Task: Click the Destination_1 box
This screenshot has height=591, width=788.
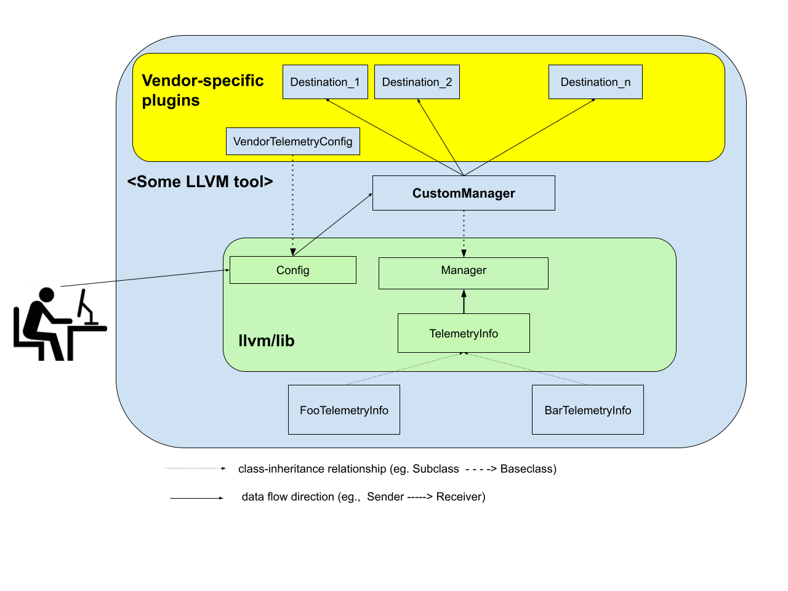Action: pyautogui.click(x=325, y=82)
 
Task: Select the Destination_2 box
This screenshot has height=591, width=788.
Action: pyautogui.click(x=417, y=82)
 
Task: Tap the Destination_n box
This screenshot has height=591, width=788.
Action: pyautogui.click(x=595, y=82)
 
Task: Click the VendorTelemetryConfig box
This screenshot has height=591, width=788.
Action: pyautogui.click(x=293, y=142)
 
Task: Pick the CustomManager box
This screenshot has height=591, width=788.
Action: pyautogui.click(x=464, y=193)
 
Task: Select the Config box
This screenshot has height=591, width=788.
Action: pyautogui.click(x=293, y=270)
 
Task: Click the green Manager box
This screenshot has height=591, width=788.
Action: pyautogui.click(x=464, y=273)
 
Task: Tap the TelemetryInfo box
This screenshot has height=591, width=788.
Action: pyautogui.click(x=464, y=333)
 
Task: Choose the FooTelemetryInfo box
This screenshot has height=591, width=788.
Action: pyautogui.click(x=344, y=410)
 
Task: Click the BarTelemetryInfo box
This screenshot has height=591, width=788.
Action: pyautogui.click(x=588, y=410)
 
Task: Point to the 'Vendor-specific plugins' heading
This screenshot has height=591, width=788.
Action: pyautogui.click(x=203, y=90)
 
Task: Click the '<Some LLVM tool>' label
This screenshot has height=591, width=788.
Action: pyautogui.click(x=200, y=182)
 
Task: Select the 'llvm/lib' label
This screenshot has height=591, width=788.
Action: pyautogui.click(x=267, y=340)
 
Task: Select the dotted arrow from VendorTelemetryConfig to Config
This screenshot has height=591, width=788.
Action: pyautogui.click(x=292, y=203)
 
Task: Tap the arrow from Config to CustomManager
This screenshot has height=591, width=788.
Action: pyautogui.click(x=332, y=225)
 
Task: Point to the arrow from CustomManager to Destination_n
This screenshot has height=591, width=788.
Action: pyautogui.click(x=529, y=137)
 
